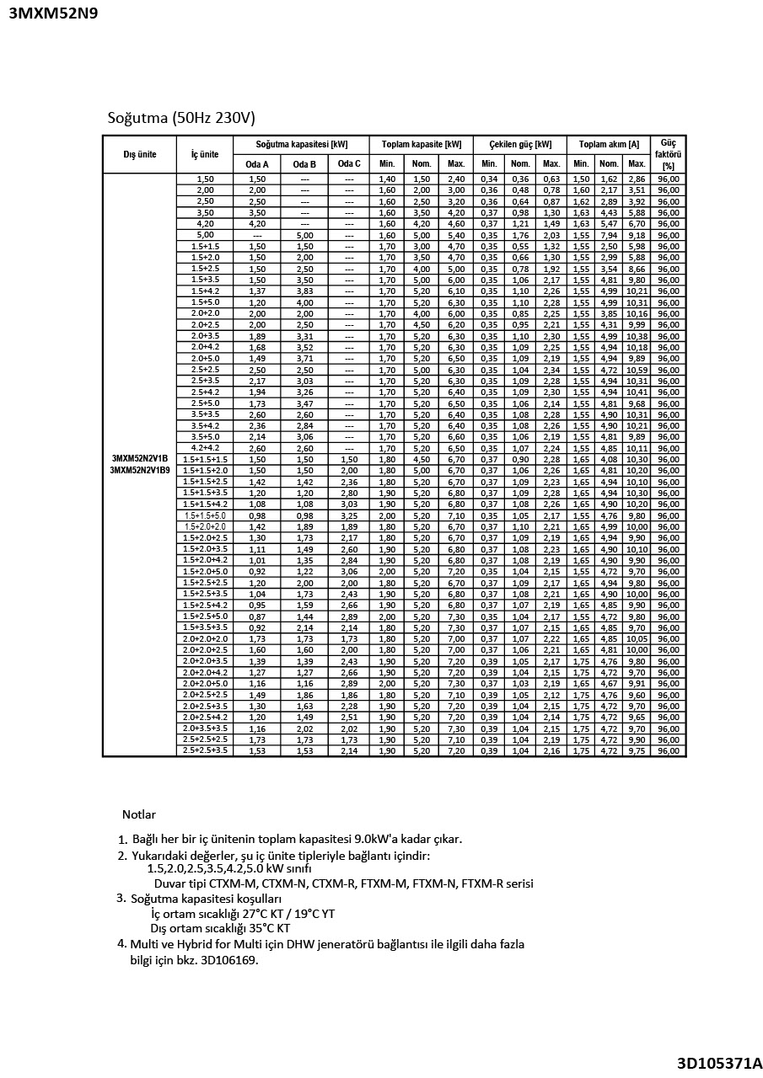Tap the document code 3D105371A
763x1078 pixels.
[719, 1063]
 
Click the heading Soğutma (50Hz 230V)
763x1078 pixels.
[181, 117]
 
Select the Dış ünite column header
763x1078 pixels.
[140, 154]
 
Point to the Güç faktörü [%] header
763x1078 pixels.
[668, 154]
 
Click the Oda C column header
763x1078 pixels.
[349, 164]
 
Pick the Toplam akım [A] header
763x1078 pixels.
[609, 144]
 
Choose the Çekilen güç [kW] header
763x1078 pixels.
[520, 144]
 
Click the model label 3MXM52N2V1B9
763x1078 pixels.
[140, 469]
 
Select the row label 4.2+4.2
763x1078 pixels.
[206, 448]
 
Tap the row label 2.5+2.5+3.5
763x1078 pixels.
[206, 750]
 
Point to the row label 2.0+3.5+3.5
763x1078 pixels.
[206, 728]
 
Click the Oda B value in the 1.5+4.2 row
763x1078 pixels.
[304, 291]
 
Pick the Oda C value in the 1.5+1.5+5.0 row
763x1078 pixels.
[349, 515]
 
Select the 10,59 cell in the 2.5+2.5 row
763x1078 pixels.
[637, 369]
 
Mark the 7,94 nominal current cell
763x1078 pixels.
[609, 235]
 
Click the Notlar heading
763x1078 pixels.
[139, 814]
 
